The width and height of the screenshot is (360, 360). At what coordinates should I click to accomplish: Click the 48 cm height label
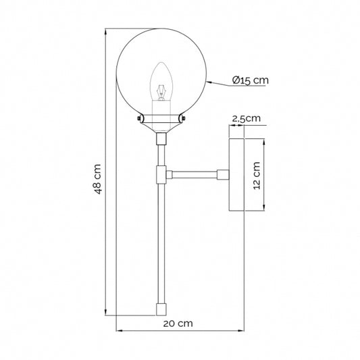pyautogui.click(x=97, y=180)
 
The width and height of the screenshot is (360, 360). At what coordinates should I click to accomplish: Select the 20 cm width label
pyautogui.click(x=178, y=324)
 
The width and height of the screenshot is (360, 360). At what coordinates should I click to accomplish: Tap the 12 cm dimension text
pyautogui.click(x=257, y=176)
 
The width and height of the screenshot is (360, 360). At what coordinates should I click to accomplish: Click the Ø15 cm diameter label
pyautogui.click(x=250, y=80)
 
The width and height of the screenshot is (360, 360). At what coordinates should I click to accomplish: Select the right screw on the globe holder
pyautogui.click(x=182, y=120)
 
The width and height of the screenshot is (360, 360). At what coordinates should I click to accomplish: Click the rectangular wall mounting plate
pyautogui.click(x=237, y=175)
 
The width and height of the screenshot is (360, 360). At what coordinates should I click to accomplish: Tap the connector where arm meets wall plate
pyautogui.click(x=222, y=175)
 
